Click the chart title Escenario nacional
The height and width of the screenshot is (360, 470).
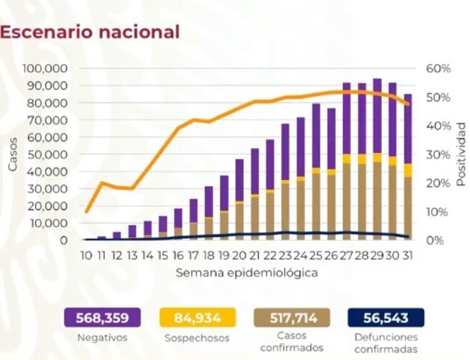point(91,32)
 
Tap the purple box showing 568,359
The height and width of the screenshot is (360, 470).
point(102,318)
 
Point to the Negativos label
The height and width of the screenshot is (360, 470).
point(102,337)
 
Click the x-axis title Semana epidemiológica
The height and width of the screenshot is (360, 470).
point(246,273)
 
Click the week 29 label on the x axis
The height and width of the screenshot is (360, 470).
point(377,256)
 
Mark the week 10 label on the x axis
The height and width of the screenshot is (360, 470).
point(86,256)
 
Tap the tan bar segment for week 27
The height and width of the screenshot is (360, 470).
point(347,201)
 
